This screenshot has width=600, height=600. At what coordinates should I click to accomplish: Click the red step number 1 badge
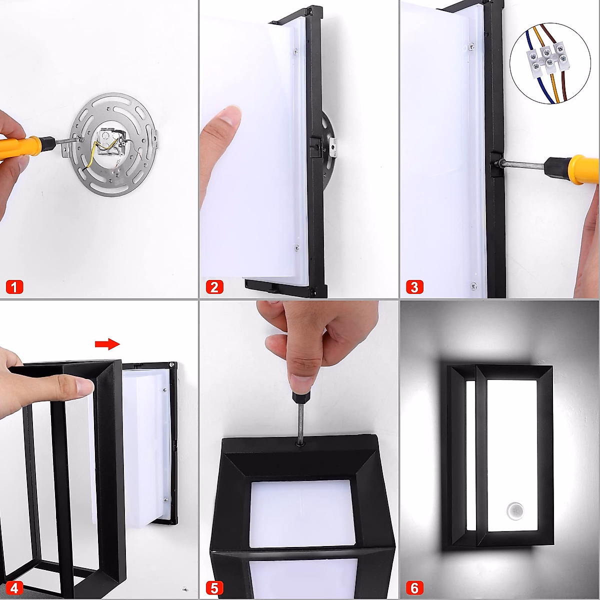click(x=14, y=287)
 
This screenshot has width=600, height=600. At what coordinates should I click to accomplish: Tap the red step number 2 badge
click(x=214, y=287)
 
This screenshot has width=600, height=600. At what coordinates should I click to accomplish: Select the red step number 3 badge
click(x=414, y=287)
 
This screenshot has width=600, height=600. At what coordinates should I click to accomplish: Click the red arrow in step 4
click(x=107, y=344)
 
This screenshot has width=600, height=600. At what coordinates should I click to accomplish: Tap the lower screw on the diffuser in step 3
click(x=473, y=285)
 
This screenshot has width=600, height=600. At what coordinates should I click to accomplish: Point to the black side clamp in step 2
click(x=315, y=146)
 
